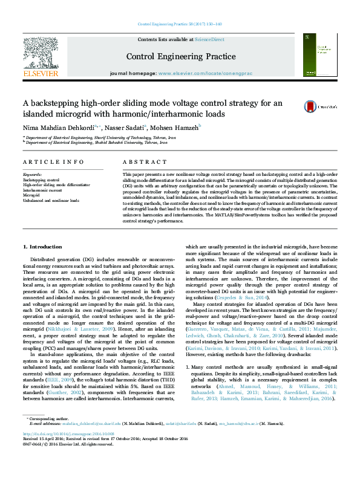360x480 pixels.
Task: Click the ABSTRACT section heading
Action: coord(141,163)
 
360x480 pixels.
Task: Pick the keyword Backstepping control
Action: coord(41,180)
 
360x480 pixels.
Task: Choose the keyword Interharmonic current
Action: coord(42,190)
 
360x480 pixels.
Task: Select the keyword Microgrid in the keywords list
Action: coord(31,195)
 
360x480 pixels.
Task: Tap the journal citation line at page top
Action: coord(180,24)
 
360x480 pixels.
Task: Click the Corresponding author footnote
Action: coord(47,435)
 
